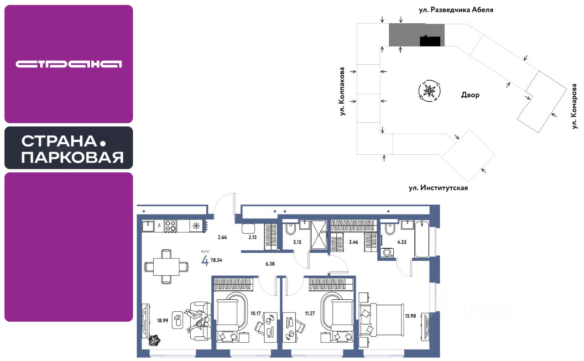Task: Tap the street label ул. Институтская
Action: click(x=438, y=188)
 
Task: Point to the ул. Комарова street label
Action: click(x=575, y=106)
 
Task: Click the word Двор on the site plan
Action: click(x=470, y=95)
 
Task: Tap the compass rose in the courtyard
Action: click(x=429, y=91)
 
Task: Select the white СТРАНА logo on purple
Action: click(x=68, y=64)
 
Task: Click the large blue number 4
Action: click(x=205, y=261)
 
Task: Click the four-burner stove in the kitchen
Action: click(x=171, y=226)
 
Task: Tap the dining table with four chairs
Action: click(x=166, y=267)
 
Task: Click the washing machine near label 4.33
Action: click(x=387, y=252)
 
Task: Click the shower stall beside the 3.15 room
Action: click(x=319, y=235)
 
